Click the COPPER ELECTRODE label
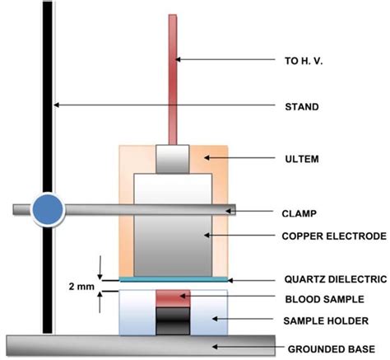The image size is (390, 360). click(333, 236)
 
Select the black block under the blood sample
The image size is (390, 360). click(173, 318)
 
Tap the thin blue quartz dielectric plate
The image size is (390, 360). click(173, 280)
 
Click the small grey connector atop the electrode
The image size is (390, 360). click(173, 159)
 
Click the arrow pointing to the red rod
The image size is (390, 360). click(222, 59)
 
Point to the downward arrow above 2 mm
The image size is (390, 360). click(100, 268)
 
